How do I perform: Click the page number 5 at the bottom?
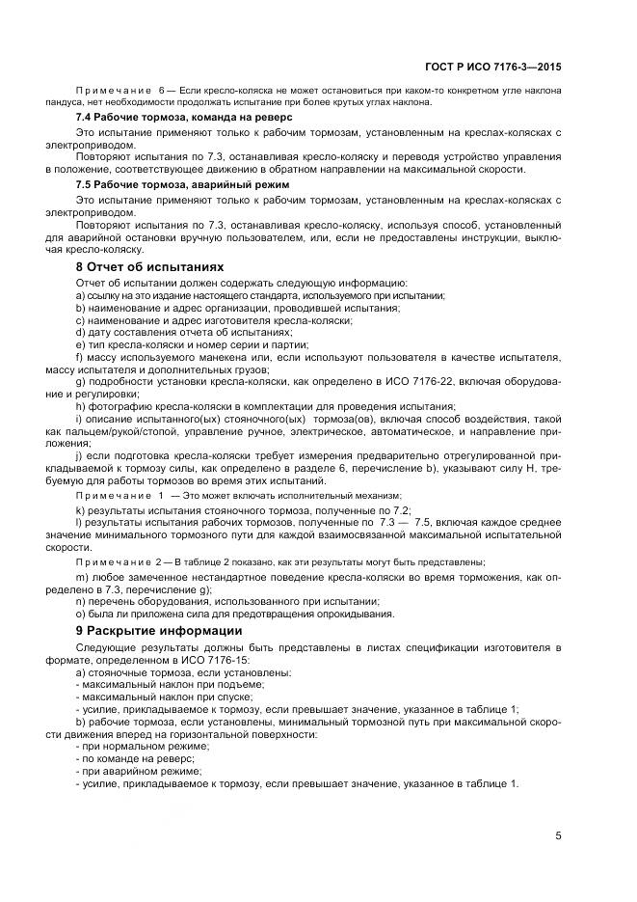pos(558,835)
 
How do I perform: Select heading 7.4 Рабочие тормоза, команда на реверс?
pos(184,116)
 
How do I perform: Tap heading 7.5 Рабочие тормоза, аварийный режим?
pos(184,183)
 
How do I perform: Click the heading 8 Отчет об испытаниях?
pos(149,266)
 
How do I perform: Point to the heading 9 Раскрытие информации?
pos(159,631)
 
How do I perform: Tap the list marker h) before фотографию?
pos(81,406)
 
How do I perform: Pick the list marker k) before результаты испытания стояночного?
pos(81,508)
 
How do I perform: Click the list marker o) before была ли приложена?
pos(81,613)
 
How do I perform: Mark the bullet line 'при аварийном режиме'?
pos(136,771)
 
